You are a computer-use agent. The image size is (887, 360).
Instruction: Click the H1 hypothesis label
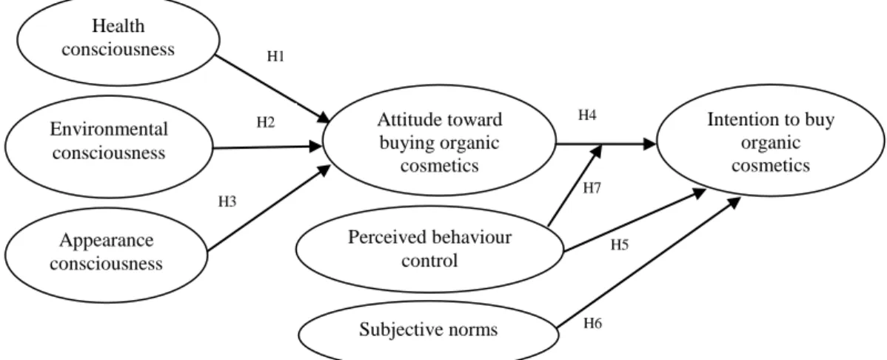coord(275,56)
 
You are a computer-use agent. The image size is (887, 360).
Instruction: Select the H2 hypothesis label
coord(266,121)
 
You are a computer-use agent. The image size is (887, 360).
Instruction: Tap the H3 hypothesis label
coord(227,201)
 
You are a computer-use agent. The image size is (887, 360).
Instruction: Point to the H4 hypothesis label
coord(586,116)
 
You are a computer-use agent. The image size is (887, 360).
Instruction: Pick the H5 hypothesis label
coord(620,246)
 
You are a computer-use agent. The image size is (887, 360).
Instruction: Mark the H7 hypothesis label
coord(592,189)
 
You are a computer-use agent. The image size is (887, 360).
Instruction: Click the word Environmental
coord(109,130)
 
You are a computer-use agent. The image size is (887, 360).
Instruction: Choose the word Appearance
coord(106,240)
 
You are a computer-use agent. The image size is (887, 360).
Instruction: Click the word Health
coord(118,26)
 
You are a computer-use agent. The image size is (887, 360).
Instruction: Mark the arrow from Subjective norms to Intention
coord(649,263)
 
